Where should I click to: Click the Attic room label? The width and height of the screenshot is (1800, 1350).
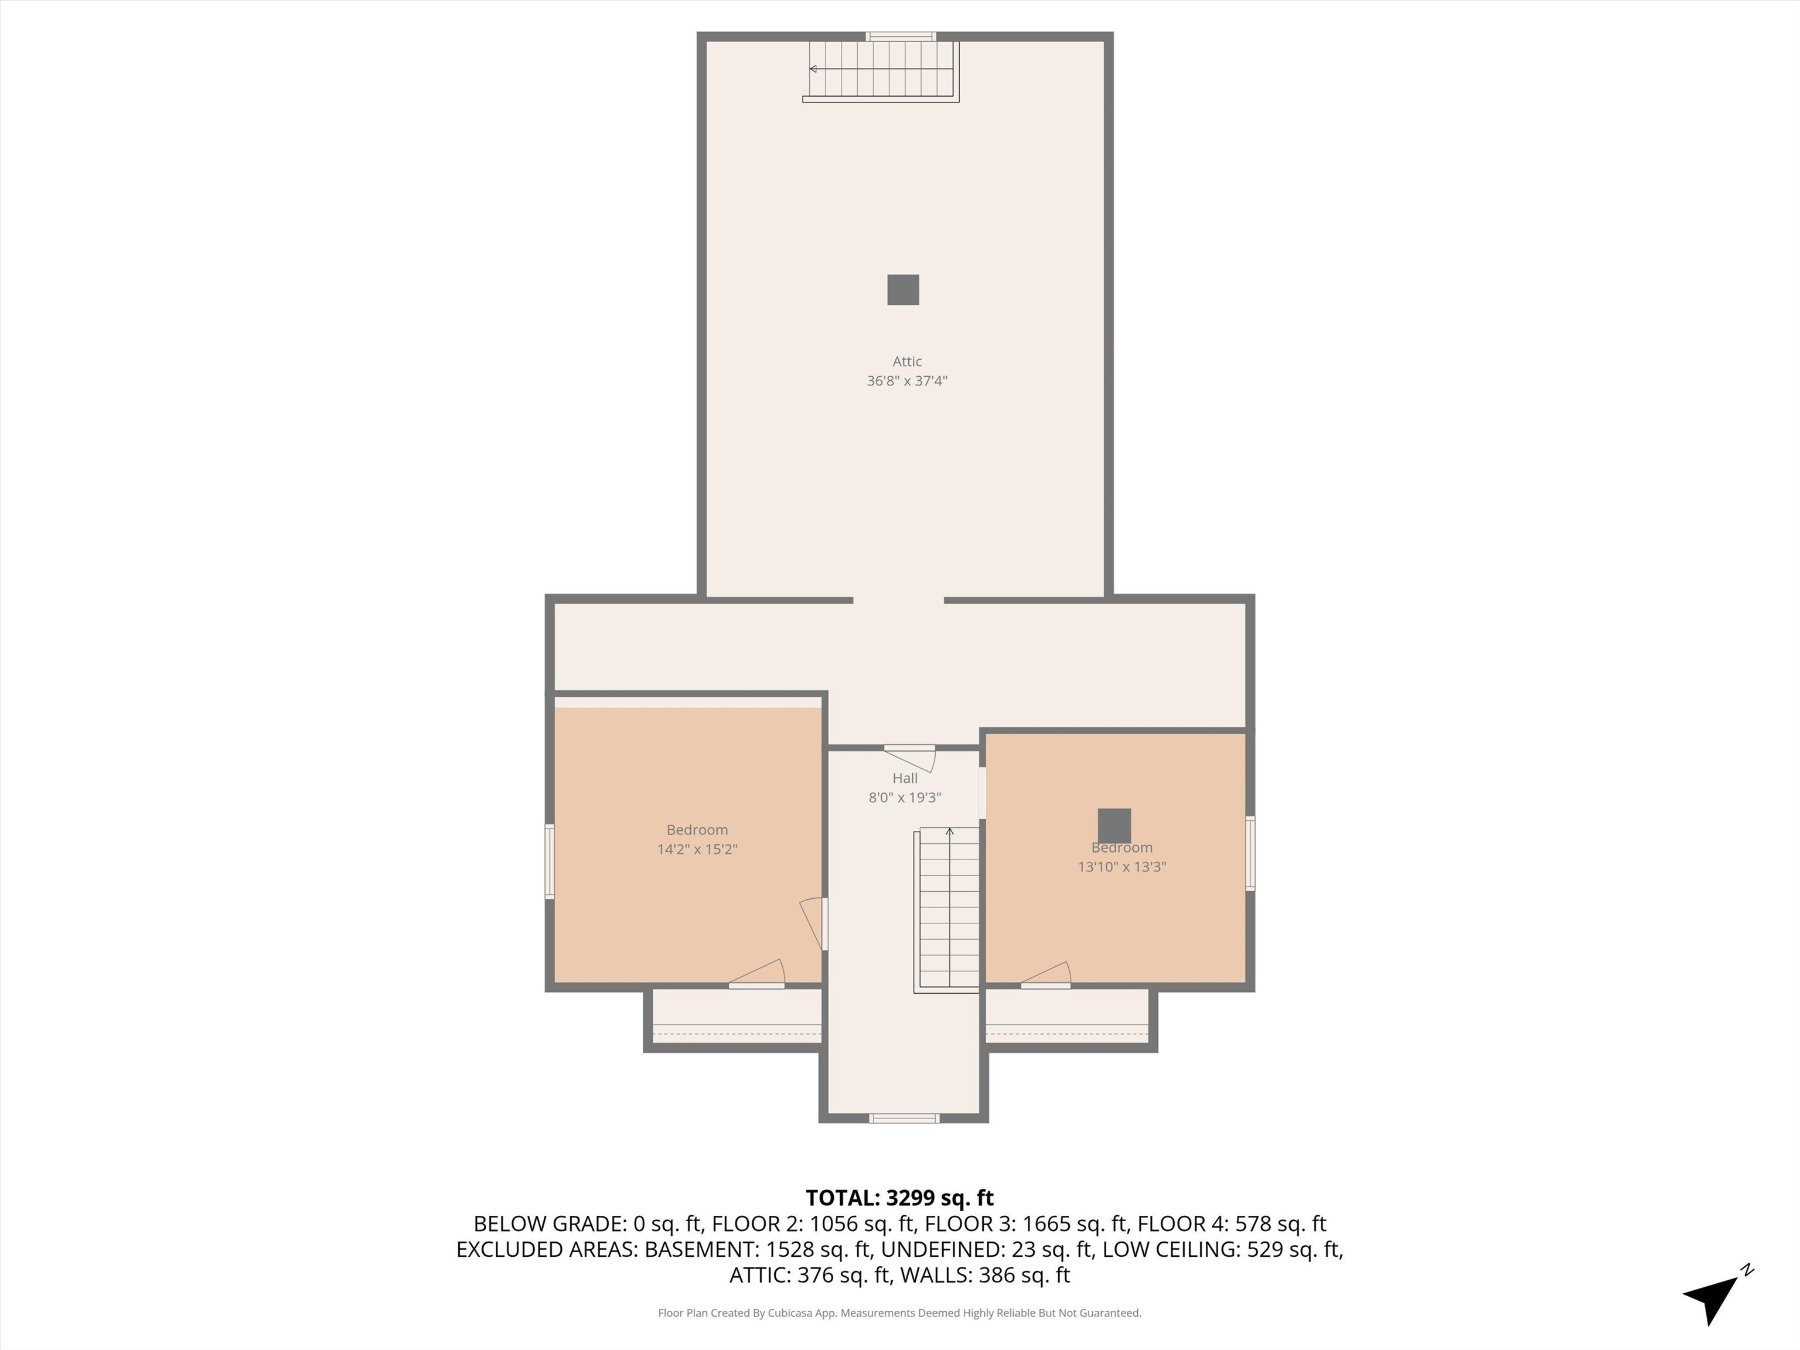(906, 362)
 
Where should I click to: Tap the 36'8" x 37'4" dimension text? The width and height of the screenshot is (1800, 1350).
(906, 381)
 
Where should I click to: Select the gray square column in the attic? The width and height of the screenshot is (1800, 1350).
(902, 289)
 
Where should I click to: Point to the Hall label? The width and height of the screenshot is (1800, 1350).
(905, 778)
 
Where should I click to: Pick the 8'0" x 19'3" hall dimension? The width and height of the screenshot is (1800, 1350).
(905, 797)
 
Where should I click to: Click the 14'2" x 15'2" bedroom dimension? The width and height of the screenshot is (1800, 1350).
(697, 850)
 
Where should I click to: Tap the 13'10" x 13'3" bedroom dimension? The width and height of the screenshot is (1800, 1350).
(1121, 867)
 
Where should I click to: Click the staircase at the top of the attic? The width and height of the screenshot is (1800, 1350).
(881, 71)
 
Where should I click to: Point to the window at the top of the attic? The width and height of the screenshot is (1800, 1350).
(901, 36)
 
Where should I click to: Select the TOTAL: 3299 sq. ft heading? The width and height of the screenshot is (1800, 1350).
(899, 1198)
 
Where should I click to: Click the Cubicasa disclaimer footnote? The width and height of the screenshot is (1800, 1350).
(899, 1312)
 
